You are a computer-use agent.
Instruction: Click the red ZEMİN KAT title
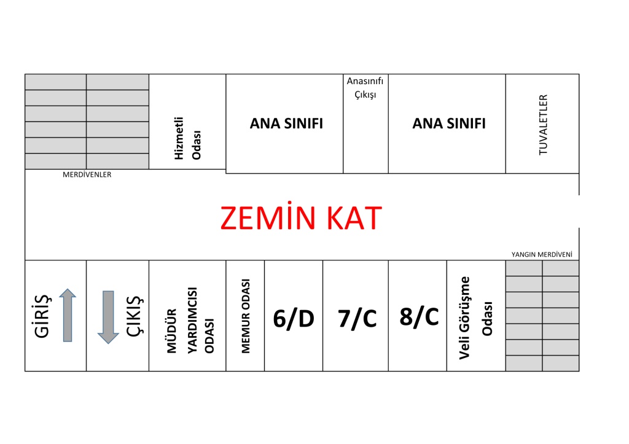click(x=301, y=218)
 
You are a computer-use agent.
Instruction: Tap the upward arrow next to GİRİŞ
click(x=68, y=315)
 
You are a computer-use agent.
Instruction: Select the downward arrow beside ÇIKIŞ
click(x=108, y=317)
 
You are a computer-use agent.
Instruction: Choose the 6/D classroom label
click(x=294, y=319)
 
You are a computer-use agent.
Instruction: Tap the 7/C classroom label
click(x=357, y=319)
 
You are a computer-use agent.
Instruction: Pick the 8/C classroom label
click(x=419, y=317)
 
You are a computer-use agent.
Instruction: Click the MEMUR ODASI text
click(x=246, y=316)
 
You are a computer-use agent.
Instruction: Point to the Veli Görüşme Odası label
click(x=477, y=317)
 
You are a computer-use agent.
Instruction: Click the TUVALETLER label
click(x=543, y=125)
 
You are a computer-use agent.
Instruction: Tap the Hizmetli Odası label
click(x=188, y=138)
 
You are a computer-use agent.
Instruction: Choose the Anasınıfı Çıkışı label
click(x=365, y=88)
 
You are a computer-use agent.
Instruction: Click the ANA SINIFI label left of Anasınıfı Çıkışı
click(x=286, y=123)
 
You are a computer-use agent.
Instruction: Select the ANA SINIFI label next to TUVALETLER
click(x=449, y=123)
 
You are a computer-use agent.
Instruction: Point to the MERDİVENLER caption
click(x=87, y=174)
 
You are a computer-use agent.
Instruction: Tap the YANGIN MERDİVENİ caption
click(x=545, y=254)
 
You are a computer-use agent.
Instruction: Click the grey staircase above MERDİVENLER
click(x=87, y=122)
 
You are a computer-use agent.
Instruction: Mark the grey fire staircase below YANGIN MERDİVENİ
click(x=542, y=316)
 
